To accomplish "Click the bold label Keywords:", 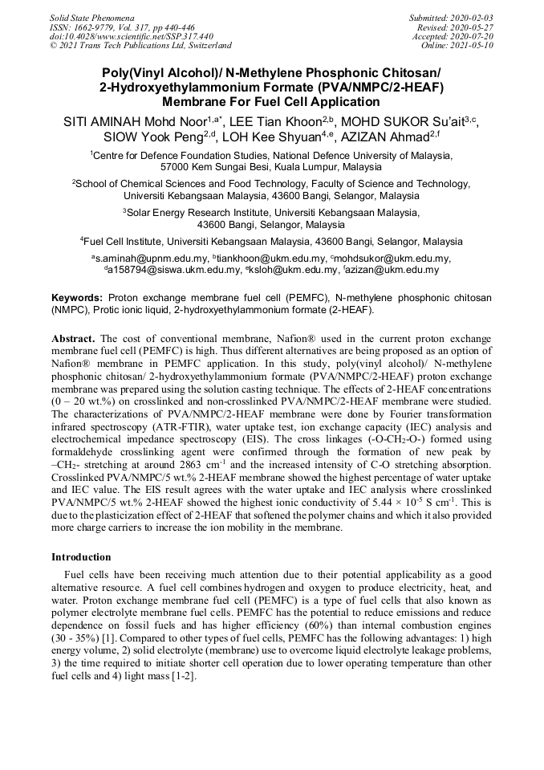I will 77,297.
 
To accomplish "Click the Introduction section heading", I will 83,556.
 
